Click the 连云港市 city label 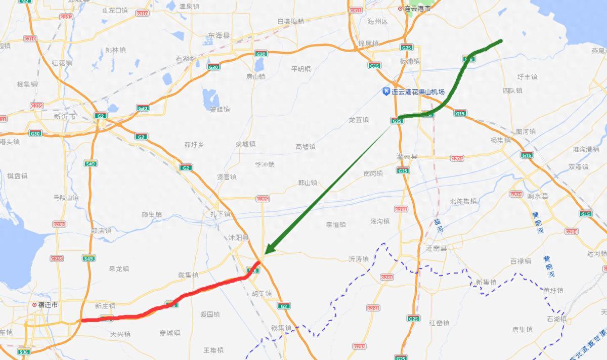416,9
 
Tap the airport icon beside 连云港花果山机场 386,92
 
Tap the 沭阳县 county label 239,237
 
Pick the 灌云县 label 408,157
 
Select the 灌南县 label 437,248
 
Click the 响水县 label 538,196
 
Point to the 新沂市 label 64,116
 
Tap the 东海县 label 219,35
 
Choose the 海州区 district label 377,21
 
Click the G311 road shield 356,11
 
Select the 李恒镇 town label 335,224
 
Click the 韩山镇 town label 307,183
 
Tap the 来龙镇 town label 119,268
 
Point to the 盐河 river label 437,227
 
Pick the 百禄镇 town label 521,261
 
